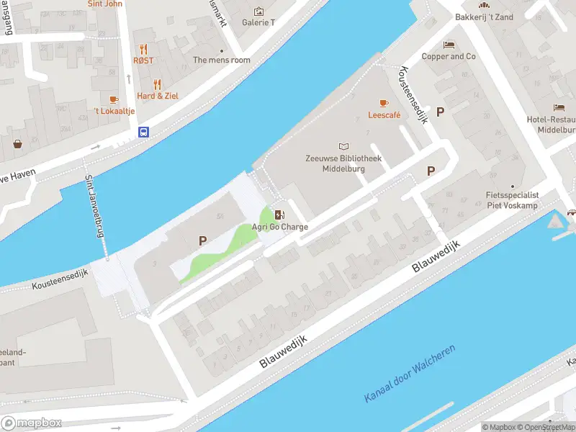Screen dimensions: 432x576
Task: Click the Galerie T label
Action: (258, 22)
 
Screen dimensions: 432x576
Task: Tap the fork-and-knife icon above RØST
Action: (143, 49)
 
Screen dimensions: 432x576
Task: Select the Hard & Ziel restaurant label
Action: (158, 96)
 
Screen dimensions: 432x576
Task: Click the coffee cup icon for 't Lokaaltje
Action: (113, 99)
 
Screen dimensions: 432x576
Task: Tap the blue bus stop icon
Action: (144, 132)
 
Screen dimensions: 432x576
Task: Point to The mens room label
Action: (222, 60)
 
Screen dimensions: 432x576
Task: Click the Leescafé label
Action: (384, 114)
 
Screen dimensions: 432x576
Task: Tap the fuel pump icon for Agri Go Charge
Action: (279, 215)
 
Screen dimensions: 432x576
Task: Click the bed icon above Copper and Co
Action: (449, 45)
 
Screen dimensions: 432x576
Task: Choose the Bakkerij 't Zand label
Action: (484, 17)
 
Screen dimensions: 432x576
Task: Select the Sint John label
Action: (104, 4)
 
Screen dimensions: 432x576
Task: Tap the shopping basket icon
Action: (17, 143)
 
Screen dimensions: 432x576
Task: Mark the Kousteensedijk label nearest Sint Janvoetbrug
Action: (59, 281)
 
